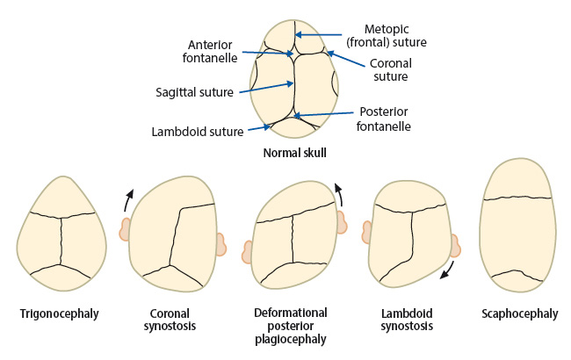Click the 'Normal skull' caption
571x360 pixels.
click(294, 153)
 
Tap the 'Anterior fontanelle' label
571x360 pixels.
click(210, 51)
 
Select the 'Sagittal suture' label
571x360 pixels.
click(194, 92)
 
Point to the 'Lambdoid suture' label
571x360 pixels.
click(198, 132)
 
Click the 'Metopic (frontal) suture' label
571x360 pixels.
click(387, 36)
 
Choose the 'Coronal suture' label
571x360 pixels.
click(390, 70)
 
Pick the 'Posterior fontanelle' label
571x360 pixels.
click(384, 119)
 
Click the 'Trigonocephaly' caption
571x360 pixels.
click(60, 313)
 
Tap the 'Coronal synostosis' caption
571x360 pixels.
click(170, 320)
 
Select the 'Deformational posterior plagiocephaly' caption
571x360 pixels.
click(290, 326)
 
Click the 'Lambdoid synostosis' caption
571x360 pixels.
click(407, 320)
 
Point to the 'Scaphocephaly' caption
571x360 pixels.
click(520, 313)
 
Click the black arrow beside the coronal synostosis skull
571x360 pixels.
click(127, 199)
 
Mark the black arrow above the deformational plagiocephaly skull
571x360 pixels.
click(340, 194)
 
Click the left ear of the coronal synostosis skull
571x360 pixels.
click(125, 229)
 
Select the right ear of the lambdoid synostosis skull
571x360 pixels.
click(456, 246)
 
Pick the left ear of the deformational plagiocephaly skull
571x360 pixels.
click(248, 252)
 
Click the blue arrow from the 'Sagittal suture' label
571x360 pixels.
click(266, 88)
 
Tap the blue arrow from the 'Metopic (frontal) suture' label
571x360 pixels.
click(318, 35)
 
